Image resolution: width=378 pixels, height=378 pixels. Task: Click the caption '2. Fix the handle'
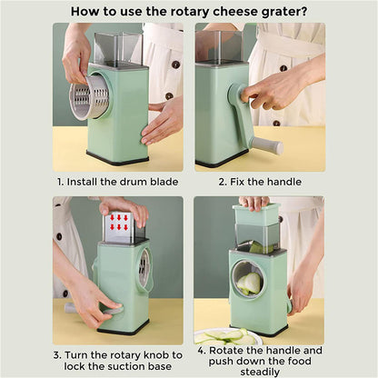click(x=260, y=182)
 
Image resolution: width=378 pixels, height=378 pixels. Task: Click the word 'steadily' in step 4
click(x=260, y=370)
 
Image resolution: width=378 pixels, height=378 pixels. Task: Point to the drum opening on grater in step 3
click(x=144, y=270)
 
